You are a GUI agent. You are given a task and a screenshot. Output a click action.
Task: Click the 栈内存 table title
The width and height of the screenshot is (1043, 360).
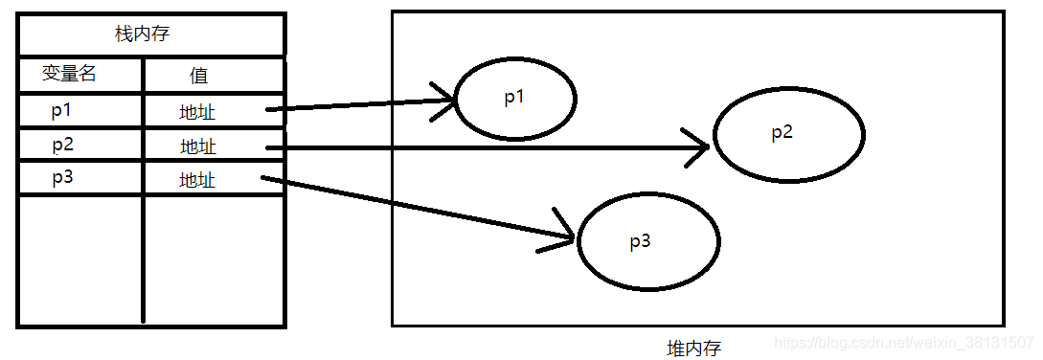143,35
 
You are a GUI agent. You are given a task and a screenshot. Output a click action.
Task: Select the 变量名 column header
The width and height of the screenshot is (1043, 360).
69,74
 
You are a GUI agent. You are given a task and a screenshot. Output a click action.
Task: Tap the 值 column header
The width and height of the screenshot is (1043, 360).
198,75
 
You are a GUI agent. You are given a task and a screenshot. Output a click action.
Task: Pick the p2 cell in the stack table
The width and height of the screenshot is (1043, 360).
62,145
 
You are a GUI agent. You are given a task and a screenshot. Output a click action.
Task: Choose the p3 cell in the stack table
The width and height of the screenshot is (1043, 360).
62,178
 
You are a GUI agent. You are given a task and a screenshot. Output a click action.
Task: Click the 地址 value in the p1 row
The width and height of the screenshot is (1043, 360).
197,112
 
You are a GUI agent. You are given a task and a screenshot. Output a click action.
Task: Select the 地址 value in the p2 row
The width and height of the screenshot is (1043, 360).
198,146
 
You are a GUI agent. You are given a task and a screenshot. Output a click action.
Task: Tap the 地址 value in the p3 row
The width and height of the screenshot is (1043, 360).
197,180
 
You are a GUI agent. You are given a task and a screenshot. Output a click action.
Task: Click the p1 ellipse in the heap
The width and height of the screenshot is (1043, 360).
514,99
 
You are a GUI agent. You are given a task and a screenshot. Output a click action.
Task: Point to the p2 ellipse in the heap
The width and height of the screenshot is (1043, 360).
788,133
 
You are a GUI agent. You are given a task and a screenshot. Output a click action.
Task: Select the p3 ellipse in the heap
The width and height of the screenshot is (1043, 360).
648,241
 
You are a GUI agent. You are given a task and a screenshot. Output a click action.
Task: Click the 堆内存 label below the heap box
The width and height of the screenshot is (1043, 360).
693,348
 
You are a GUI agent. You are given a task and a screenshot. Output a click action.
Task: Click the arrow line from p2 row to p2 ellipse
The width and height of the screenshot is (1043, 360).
479,147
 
